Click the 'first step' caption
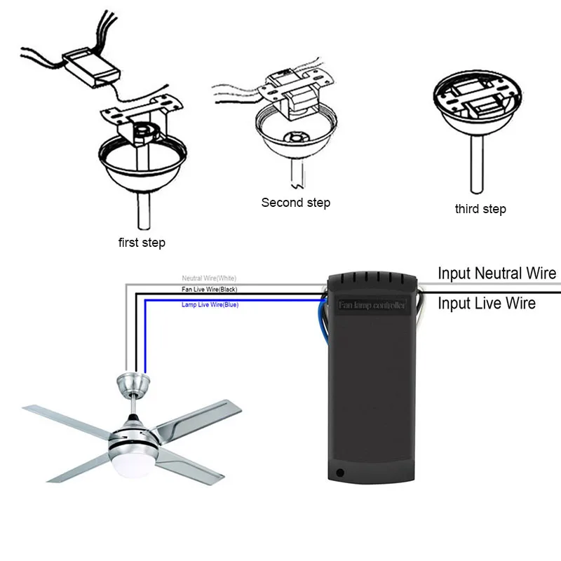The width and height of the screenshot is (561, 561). (142, 243)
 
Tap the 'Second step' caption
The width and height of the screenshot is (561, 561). (295, 203)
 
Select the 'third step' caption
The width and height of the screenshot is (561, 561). (480, 209)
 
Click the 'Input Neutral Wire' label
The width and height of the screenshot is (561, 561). (496, 273)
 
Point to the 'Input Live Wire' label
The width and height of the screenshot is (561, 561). (487, 303)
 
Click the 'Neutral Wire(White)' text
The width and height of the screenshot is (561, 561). (209, 278)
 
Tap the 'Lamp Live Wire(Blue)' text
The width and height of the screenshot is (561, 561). (209, 305)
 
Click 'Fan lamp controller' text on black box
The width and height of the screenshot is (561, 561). (372, 306)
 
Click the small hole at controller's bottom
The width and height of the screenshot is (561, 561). (341, 473)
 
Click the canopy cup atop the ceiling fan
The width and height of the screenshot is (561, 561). (133, 385)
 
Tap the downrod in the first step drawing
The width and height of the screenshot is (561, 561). (144, 210)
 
